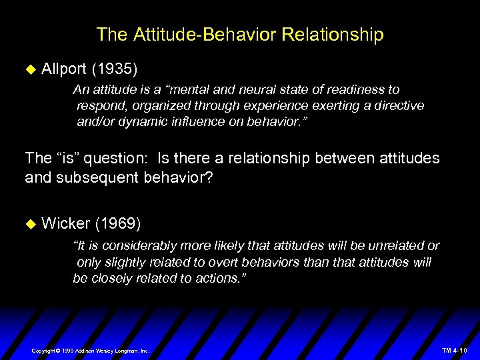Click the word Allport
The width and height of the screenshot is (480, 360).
pos(63,69)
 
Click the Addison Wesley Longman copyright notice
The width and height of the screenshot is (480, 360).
pos(91,350)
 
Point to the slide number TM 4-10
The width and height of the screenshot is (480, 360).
pos(455,350)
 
